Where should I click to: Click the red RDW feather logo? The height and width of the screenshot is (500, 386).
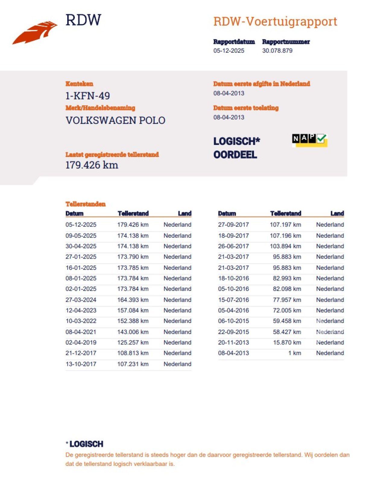(x=35, y=33)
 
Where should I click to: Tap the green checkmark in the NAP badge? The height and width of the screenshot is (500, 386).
(x=321, y=139)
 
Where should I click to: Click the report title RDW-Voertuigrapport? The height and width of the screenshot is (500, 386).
(x=275, y=21)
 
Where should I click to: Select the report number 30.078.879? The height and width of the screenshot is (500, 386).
(x=277, y=51)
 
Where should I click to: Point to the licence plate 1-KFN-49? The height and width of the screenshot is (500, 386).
(x=87, y=96)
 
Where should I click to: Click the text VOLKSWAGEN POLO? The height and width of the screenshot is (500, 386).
(x=115, y=120)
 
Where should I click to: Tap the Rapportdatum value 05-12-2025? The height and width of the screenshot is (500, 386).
(x=229, y=51)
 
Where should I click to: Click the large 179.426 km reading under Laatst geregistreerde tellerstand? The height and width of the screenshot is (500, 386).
(x=92, y=165)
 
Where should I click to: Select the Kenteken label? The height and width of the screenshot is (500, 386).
(x=79, y=84)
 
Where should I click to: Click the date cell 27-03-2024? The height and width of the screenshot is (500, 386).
(x=81, y=300)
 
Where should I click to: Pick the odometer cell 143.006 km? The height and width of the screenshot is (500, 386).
(x=133, y=332)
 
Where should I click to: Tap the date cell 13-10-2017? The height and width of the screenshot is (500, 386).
(x=81, y=364)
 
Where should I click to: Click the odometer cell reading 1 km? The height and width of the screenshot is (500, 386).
(x=294, y=353)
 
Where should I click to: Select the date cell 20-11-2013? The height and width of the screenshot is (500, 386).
(x=233, y=342)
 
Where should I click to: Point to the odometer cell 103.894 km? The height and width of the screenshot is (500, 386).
(x=285, y=246)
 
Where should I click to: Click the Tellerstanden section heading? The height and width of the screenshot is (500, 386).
(x=85, y=204)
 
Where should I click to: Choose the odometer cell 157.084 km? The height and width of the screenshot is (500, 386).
(x=133, y=310)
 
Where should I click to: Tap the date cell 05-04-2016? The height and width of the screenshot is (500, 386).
(x=233, y=310)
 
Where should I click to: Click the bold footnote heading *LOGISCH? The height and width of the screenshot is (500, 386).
(x=85, y=444)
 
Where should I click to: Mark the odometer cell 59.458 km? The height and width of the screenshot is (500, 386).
(x=287, y=321)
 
